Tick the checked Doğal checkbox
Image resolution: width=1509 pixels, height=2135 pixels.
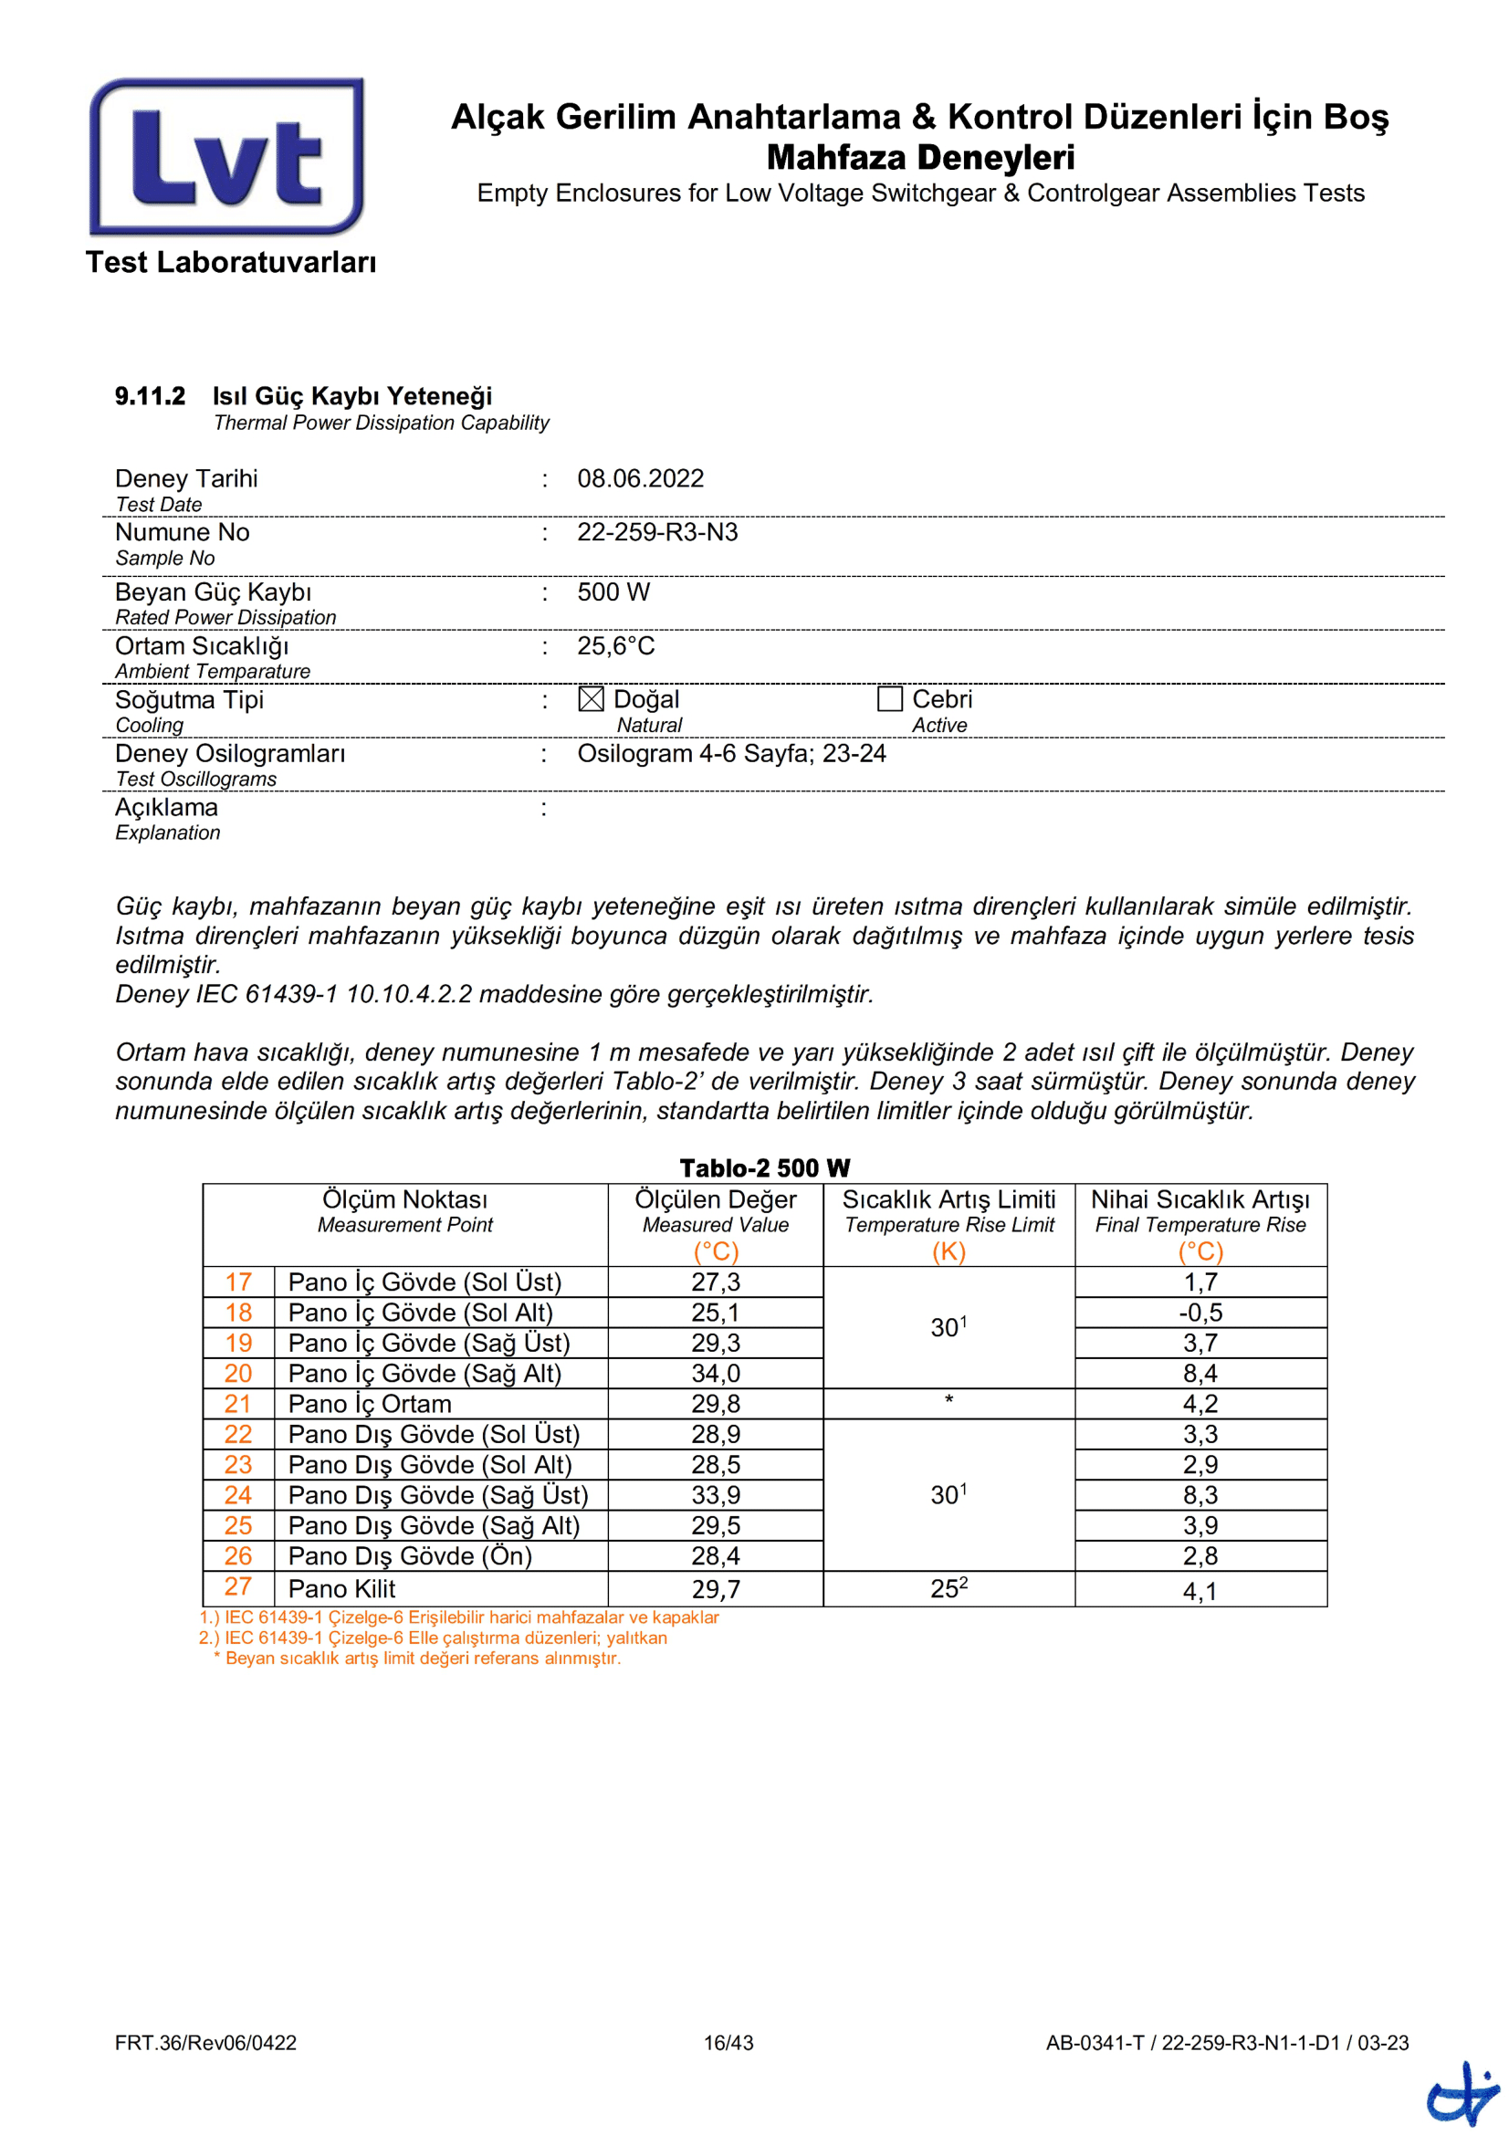click(x=591, y=698)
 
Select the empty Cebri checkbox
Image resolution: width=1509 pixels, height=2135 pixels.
click(x=890, y=698)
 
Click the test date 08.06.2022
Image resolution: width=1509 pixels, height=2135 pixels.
click(x=641, y=479)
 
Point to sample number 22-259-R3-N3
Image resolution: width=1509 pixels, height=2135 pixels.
click(x=657, y=533)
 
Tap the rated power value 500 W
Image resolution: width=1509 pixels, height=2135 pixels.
click(x=613, y=592)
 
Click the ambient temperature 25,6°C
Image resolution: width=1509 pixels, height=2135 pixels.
click(x=615, y=646)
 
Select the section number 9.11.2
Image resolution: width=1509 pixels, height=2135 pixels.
click(x=150, y=396)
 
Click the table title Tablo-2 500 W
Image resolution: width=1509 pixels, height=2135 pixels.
click(x=764, y=1168)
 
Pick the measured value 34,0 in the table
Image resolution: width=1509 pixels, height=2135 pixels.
click(x=715, y=1374)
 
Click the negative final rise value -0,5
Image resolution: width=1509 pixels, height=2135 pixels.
click(x=1200, y=1313)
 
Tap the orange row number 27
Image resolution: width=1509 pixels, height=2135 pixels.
click(x=238, y=1586)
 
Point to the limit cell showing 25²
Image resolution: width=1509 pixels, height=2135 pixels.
click(x=948, y=1588)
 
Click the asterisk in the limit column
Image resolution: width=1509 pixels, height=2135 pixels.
click(x=948, y=1400)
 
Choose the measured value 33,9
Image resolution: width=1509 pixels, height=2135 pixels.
click(x=715, y=1495)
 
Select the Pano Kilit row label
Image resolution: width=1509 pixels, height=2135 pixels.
click(x=341, y=1589)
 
